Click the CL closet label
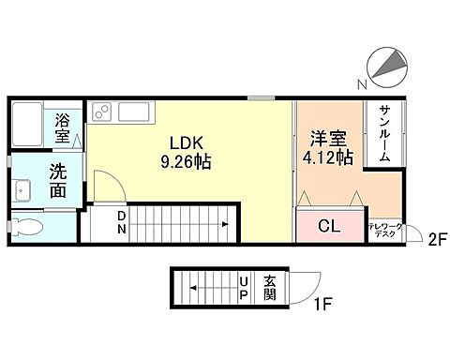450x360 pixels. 329,227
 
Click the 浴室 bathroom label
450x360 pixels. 63,128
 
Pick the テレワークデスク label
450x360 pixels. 384,229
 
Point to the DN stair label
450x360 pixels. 121,224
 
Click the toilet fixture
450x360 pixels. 28,226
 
